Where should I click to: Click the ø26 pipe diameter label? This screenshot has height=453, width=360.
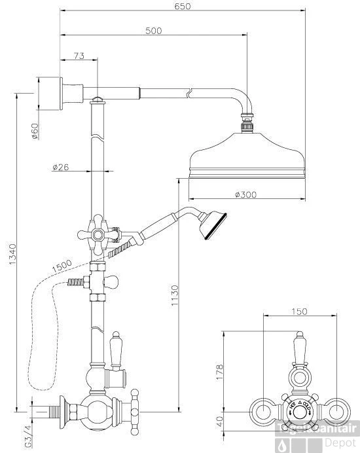pos(61,167)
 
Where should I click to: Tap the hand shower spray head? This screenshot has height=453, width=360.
pos(213,226)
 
